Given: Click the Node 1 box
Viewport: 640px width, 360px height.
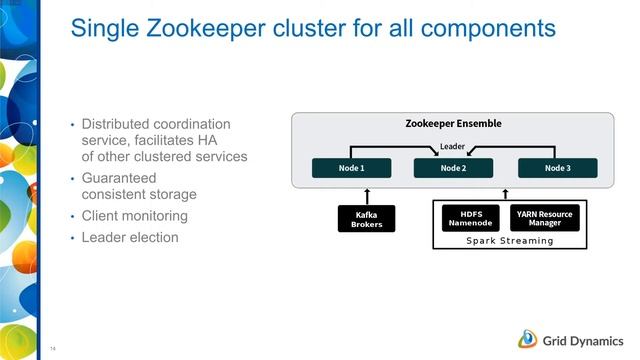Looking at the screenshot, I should coord(349,168).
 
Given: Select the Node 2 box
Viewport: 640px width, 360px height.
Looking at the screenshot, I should coord(453,168).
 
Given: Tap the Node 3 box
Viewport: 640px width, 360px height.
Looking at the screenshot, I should coord(557,168).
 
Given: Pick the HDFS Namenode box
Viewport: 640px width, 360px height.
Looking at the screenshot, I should coord(470,217).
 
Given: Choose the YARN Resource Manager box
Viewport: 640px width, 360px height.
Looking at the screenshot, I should coord(544,217).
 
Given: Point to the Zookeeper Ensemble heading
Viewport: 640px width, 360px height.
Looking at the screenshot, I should coord(453,124).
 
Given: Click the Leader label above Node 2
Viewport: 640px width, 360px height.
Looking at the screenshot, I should coord(453,147).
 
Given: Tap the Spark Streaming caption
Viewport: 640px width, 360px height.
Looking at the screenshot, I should coord(509,241).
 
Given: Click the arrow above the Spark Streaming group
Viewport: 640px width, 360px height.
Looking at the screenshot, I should coord(505,193).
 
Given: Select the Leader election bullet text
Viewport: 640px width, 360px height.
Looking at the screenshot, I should coord(130,238).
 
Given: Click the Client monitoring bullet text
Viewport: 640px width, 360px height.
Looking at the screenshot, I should coord(134,216).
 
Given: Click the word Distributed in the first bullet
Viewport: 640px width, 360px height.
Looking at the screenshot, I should coord(121,124).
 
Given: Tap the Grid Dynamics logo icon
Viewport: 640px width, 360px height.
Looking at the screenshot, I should coord(529,337).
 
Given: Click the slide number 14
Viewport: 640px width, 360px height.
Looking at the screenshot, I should coord(52,349).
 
